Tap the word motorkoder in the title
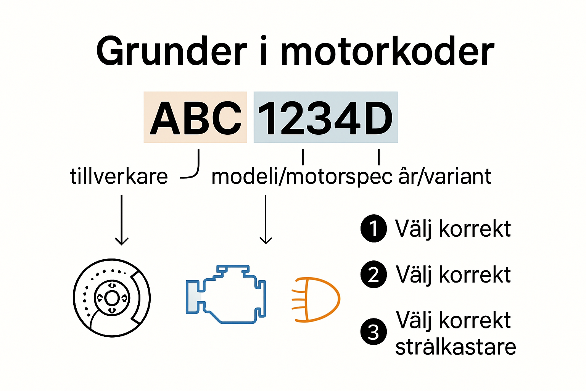(387, 52)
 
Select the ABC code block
(195, 118)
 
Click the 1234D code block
(325, 118)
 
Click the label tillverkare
(119, 176)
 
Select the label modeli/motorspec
(301, 177)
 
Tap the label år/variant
(444, 176)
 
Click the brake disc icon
(112, 298)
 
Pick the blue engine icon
(226, 294)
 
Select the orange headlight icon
(316, 299)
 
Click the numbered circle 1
(373, 228)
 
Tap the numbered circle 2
(373, 274)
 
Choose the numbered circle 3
(373, 331)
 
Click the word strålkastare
(456, 347)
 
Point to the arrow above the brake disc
(122, 220)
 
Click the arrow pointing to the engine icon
(266, 219)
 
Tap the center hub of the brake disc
(112, 298)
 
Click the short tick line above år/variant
(379, 157)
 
